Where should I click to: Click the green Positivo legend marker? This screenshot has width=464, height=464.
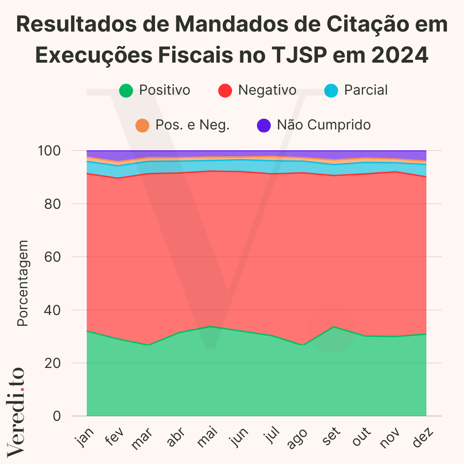click(126, 90)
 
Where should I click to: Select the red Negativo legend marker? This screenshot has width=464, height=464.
click(225, 90)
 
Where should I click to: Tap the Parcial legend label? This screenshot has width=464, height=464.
click(366, 90)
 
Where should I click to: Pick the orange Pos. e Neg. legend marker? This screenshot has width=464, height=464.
click(142, 125)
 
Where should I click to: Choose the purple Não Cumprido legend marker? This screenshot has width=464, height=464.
click(264, 125)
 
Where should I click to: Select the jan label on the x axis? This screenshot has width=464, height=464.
click(85, 438)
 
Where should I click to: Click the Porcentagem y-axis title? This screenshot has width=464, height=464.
click(23, 283)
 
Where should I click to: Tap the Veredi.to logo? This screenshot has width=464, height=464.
click(16, 411)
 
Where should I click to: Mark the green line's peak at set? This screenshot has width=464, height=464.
click(333, 327)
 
